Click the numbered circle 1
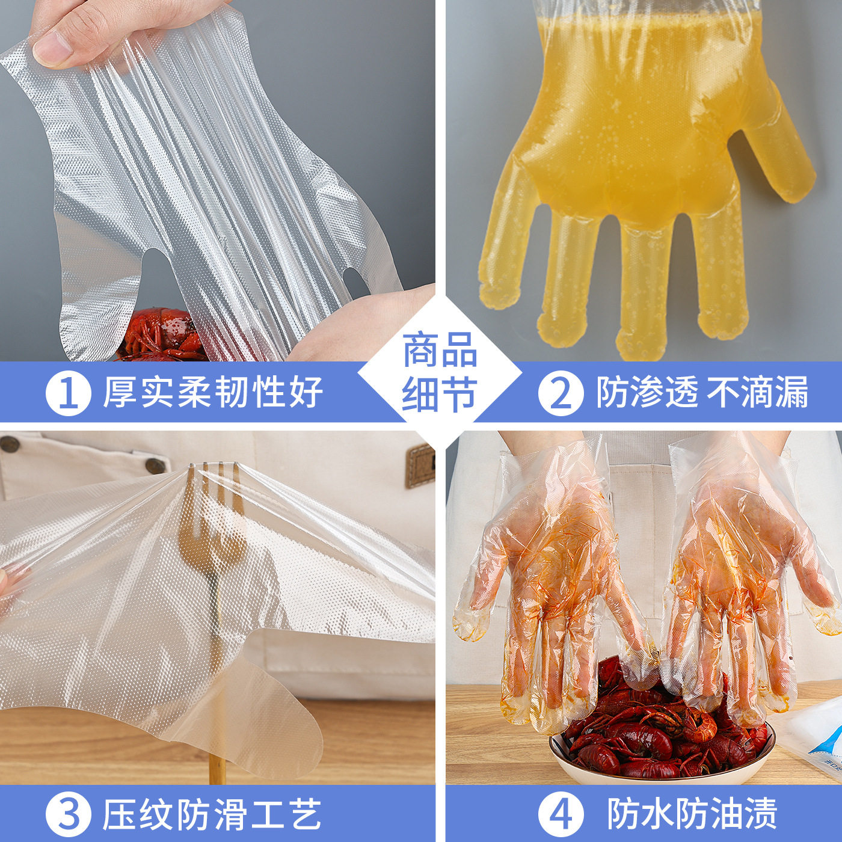(68, 393)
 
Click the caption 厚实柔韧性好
(213, 392)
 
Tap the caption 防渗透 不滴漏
(702, 392)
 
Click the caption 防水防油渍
(692, 814)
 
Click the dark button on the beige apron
(155, 465)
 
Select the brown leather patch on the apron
(419, 465)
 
